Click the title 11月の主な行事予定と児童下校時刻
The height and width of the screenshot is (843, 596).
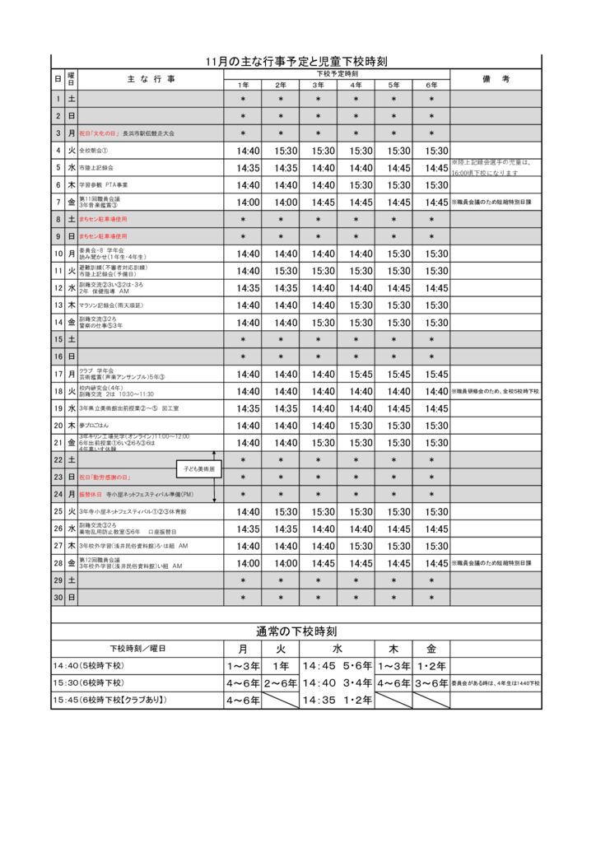[297, 62]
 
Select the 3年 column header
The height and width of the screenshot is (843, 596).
[318, 85]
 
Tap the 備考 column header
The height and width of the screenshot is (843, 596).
[496, 79]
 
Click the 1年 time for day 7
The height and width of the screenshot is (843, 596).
[247, 203]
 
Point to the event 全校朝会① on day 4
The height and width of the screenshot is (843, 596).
[94, 151]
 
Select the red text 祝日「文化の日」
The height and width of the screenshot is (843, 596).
[100, 133]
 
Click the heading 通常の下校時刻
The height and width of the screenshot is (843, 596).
[297, 631]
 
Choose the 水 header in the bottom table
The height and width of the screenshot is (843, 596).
[337, 649]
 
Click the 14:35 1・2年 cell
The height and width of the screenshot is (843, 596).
[337, 701]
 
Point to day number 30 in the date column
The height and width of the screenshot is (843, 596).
[58, 597]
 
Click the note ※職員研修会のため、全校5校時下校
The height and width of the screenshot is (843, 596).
[495, 392]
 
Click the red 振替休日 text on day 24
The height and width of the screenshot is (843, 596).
[90, 495]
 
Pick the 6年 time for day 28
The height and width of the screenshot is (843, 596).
[436, 563]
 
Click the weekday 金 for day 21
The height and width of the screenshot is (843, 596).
[72, 443]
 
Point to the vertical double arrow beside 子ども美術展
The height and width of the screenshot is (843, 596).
[214, 477]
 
